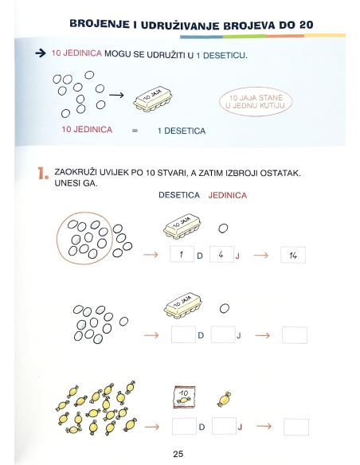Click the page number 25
coord(178,454)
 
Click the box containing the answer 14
coord(294,255)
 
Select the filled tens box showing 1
coord(182,255)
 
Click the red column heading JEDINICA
coord(228,195)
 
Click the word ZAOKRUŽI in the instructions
coord(76,172)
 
